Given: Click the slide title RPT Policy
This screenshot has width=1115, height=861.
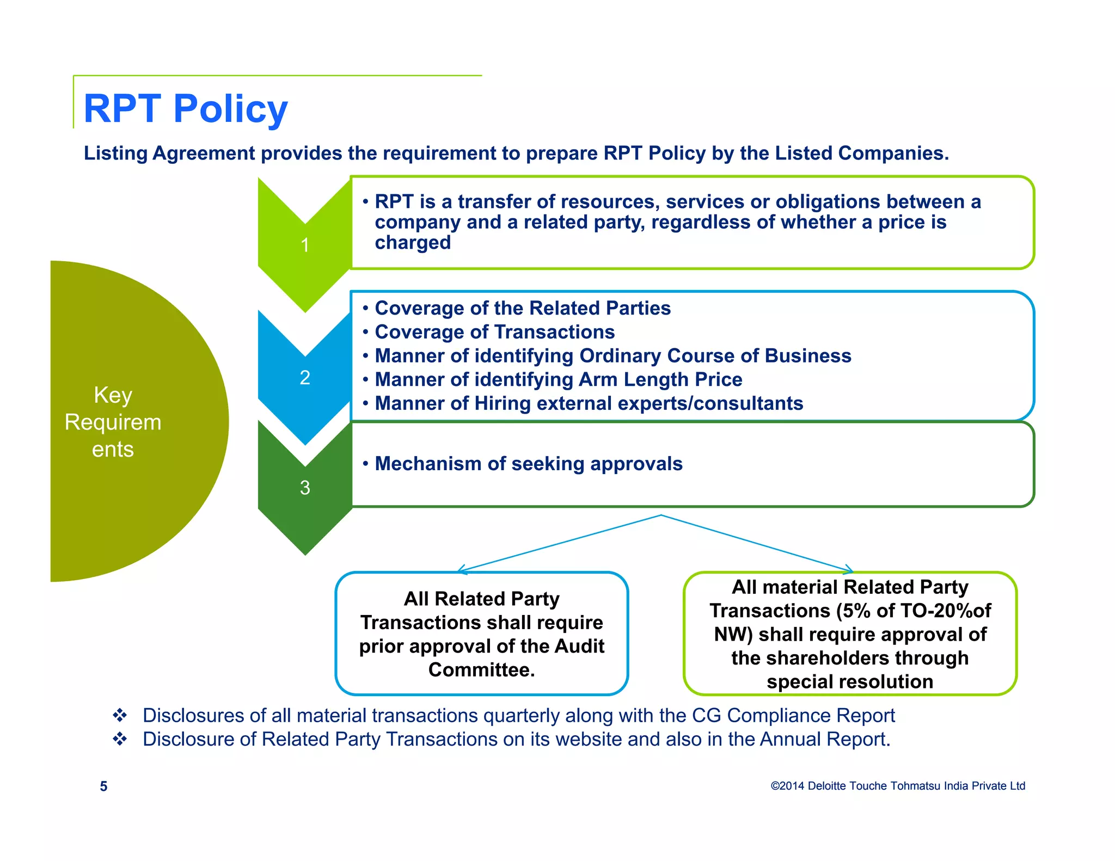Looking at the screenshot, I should tap(185, 109).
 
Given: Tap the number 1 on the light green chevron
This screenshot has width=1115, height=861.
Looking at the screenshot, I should tap(305, 245).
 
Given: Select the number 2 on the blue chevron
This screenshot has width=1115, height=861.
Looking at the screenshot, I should tap(305, 377).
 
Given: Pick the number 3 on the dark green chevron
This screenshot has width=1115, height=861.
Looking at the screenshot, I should tap(305, 487).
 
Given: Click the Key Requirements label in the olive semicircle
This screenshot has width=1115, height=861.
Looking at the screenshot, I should tap(113, 422).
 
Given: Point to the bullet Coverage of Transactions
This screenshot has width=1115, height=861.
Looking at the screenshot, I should tap(494, 332).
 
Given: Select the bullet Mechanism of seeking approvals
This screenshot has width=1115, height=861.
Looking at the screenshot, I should tap(528, 464).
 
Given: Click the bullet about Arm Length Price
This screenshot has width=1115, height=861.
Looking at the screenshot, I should tap(558, 379).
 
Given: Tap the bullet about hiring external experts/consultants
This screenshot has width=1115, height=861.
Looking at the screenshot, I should tap(589, 403).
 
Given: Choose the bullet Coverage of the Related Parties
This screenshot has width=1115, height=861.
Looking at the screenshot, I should tap(523, 308).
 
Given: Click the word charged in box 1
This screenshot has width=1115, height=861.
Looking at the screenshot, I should tap(413, 243).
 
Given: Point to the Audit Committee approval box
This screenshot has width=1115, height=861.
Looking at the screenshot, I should tap(482, 634).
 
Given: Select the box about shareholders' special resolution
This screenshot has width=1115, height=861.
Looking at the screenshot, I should tap(850, 634).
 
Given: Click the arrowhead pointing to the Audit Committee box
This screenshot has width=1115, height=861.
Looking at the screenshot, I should tap(461, 570).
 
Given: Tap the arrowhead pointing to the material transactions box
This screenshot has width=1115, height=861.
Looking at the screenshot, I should tap(849, 570).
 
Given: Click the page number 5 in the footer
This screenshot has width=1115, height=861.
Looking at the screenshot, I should tap(103, 786).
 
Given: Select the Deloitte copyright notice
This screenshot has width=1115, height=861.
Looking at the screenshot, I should tap(898, 786).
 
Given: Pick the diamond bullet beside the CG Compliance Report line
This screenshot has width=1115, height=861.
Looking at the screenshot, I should tap(120, 715).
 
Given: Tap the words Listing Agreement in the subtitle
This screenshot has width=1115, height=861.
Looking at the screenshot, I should tap(169, 153).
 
